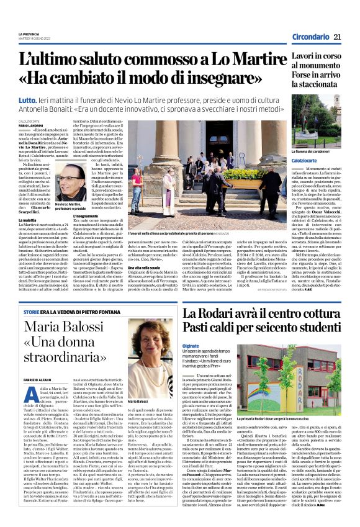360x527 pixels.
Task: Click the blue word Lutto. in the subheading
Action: [27, 99]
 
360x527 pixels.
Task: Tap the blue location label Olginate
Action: [191, 345]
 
